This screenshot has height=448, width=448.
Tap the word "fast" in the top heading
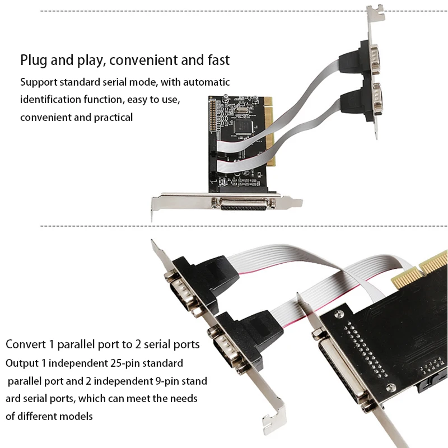point(217,60)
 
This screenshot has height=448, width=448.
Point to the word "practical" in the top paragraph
point(112,117)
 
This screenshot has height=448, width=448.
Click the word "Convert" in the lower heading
point(25,343)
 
